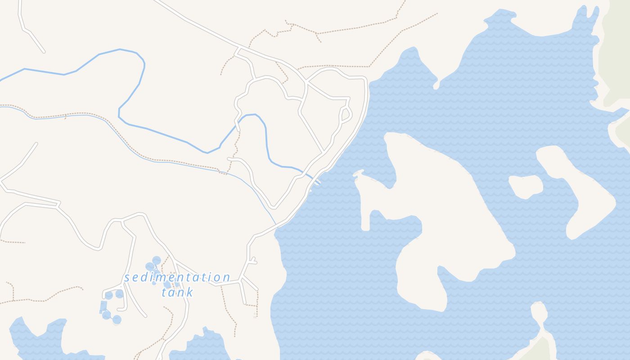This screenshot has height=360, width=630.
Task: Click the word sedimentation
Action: click(x=177, y=277)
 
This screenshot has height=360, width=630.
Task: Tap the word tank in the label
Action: click(x=177, y=292)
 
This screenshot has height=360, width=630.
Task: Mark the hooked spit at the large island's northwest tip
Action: click(x=358, y=173)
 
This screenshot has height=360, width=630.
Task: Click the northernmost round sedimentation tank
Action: click(x=156, y=260)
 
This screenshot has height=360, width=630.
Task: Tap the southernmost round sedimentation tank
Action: click(x=117, y=319)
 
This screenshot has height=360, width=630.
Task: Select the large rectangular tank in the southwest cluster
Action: click(x=103, y=306)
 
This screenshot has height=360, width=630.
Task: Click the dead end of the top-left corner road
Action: click(x=44, y=52)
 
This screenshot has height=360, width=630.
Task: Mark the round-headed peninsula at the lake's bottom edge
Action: click(x=538, y=310)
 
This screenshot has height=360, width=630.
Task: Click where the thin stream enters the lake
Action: click(x=275, y=225)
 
